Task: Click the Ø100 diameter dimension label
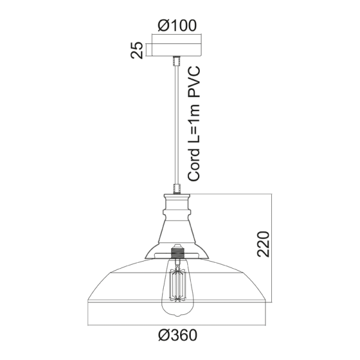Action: [x=177, y=25]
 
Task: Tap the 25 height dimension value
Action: [x=137, y=50]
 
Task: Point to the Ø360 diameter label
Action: [x=177, y=334]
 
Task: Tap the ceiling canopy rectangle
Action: [x=177, y=47]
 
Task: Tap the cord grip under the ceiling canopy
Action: [x=177, y=61]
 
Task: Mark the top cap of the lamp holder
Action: [x=177, y=198]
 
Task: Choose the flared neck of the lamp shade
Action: [x=177, y=231]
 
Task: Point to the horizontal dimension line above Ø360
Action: [x=177, y=322]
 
